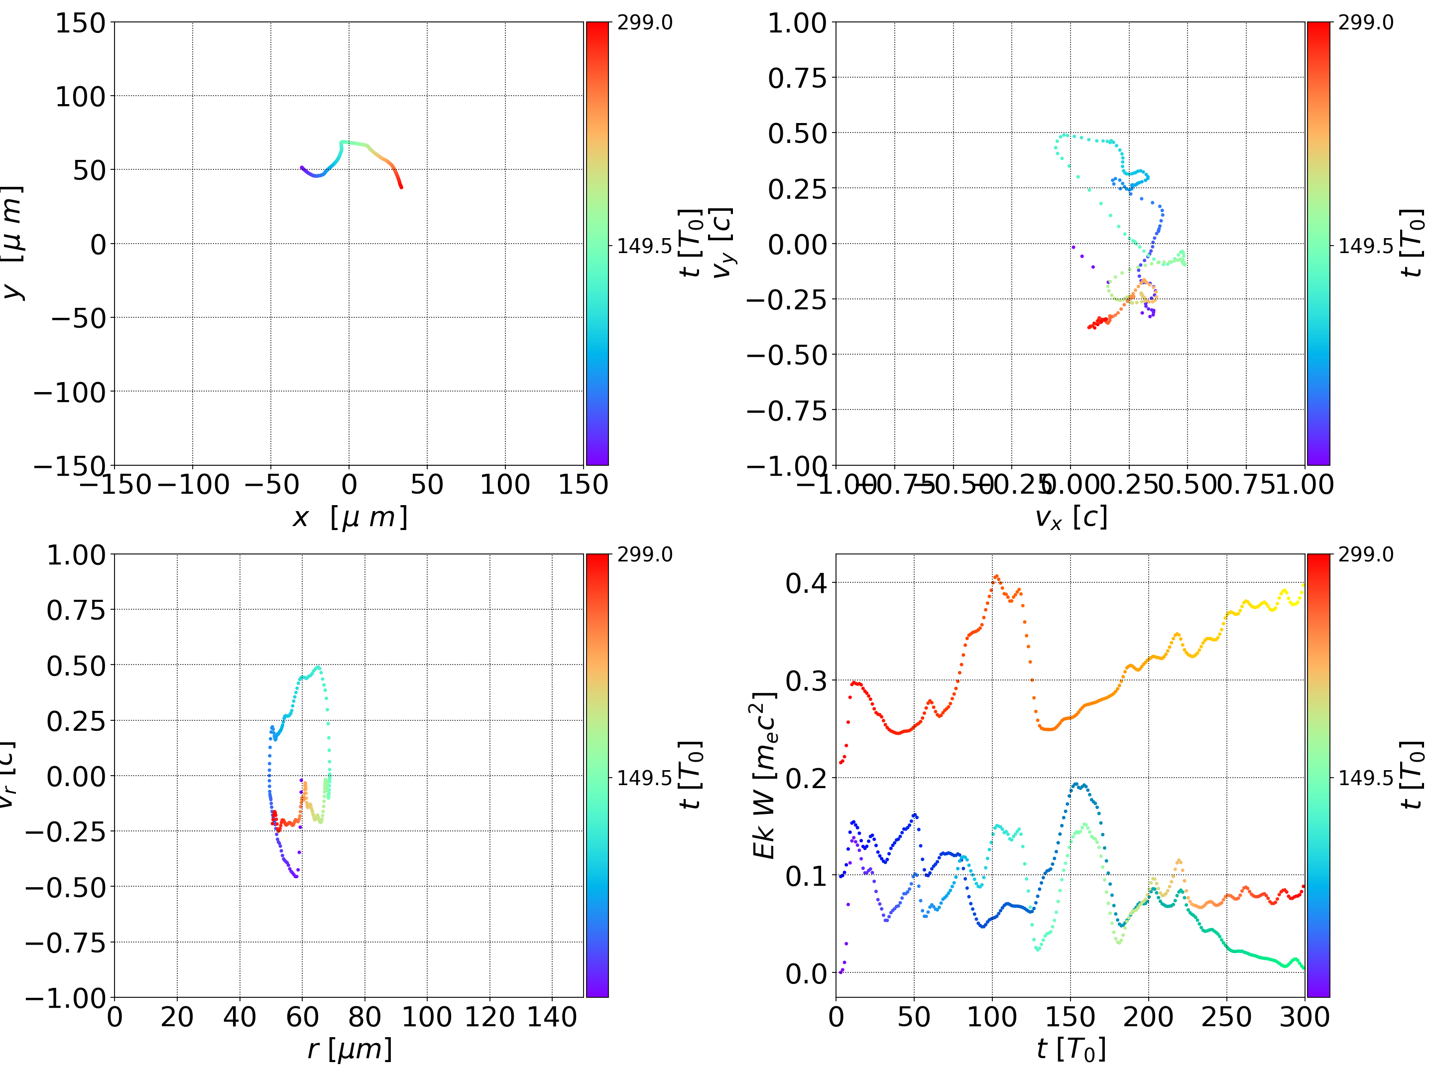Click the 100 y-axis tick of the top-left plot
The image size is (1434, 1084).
(x=80, y=97)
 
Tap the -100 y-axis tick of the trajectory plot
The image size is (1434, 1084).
(x=69, y=393)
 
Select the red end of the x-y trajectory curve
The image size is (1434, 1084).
(x=401, y=187)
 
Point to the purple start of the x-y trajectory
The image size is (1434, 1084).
(x=301, y=167)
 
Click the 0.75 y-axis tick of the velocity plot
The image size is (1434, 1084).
(x=797, y=79)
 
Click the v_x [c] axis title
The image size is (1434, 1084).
(x=1071, y=518)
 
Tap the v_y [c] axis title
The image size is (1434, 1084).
(x=722, y=243)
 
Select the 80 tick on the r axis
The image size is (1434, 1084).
(x=364, y=1017)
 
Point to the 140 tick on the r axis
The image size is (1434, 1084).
(x=552, y=1017)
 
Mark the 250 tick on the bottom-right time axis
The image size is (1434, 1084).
(x=1226, y=1017)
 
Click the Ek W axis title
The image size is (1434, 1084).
(x=765, y=775)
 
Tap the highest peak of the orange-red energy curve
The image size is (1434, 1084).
(x=996, y=576)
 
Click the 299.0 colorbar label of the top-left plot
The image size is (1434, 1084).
(x=644, y=23)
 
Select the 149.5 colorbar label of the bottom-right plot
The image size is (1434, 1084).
(x=1365, y=777)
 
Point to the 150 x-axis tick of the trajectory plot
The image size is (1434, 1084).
(x=583, y=485)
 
